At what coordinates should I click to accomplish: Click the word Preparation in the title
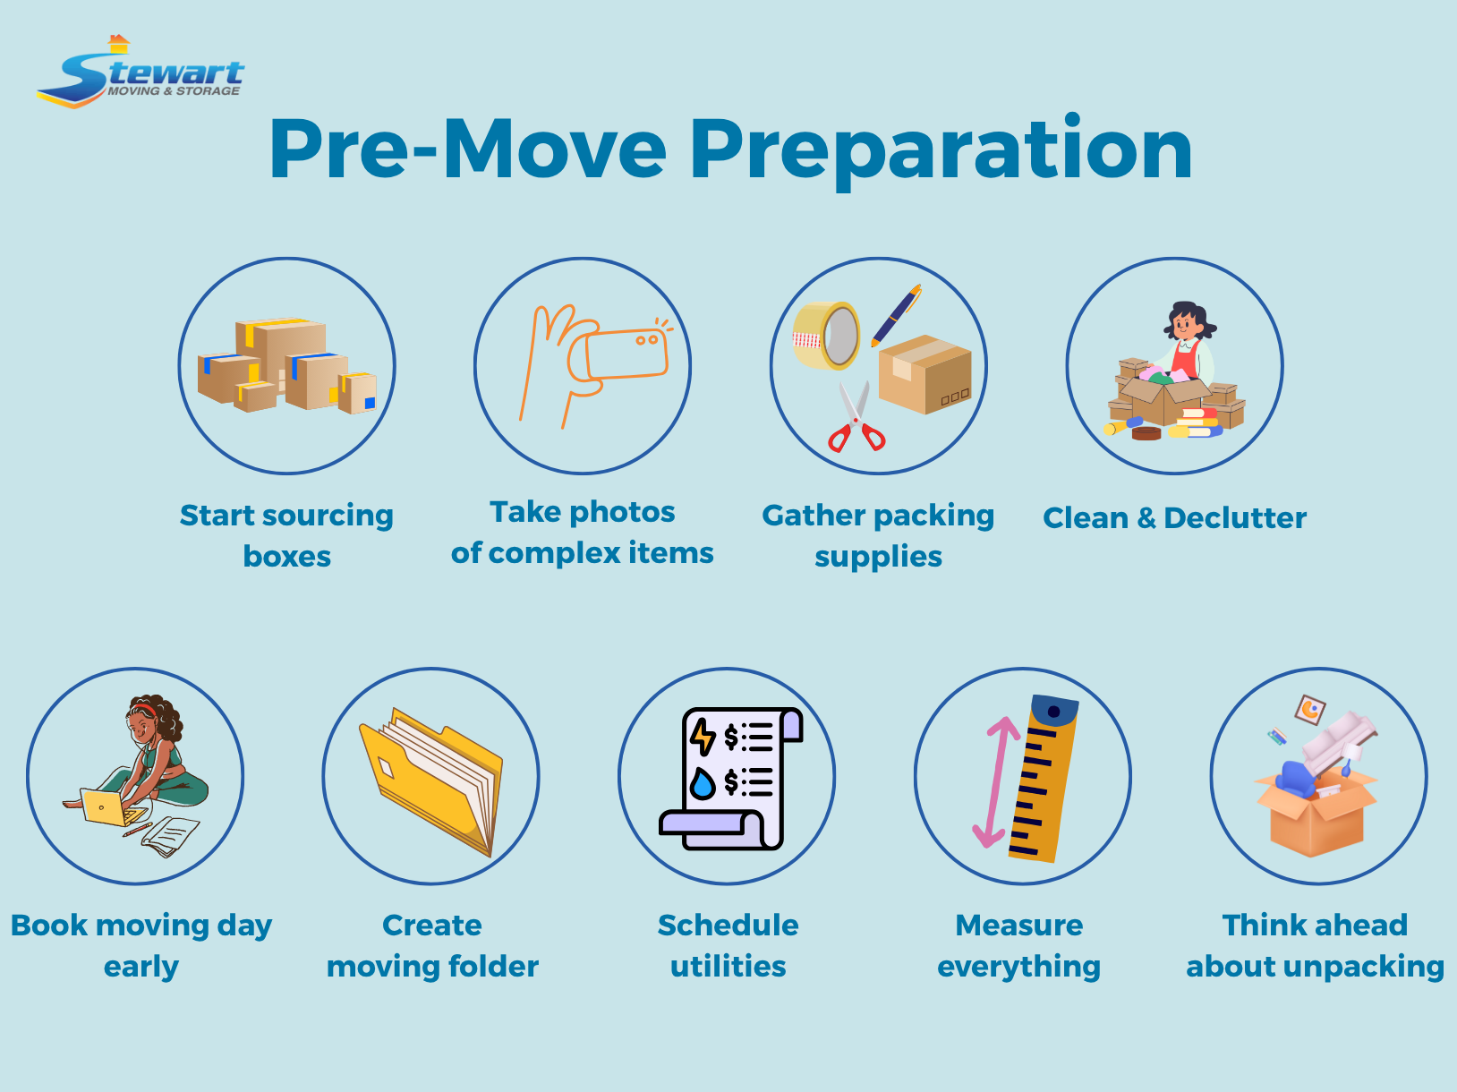coord(941,150)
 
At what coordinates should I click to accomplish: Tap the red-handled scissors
coord(856,420)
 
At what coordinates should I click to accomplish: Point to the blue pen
coord(896,314)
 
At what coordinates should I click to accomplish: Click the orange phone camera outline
coord(627,354)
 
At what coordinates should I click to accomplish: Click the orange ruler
coord(1043,778)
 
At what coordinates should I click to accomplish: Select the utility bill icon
coord(729,777)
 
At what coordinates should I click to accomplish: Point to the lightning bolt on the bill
coord(703,737)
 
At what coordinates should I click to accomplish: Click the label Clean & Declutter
coord(1174,518)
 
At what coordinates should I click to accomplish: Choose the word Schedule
coord(728,926)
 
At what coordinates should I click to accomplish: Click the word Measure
coord(1018,926)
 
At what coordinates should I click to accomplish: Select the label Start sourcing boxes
coord(286,535)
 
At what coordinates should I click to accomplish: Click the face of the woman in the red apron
coord(1186,320)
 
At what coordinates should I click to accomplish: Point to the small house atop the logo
coord(118,43)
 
